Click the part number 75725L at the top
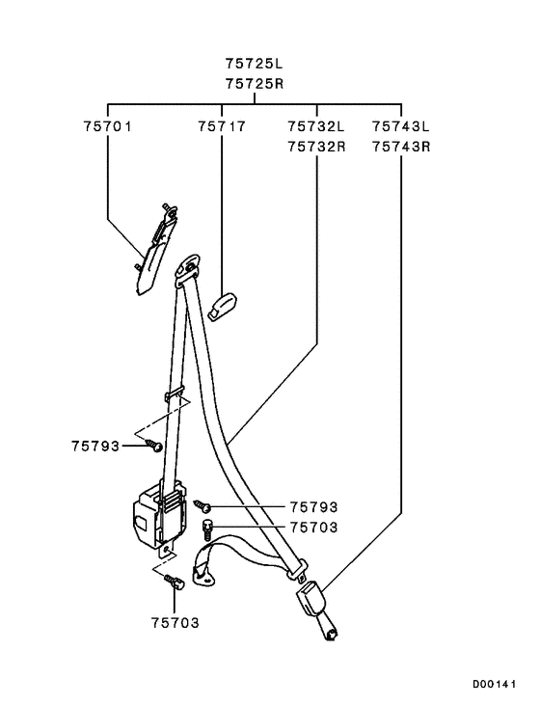point(254,64)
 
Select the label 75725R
point(255,84)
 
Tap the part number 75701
point(108,126)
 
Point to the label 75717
point(222,126)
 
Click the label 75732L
point(316,126)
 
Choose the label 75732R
point(316,147)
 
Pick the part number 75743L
point(400,126)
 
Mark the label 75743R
point(401,147)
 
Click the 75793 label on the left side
point(95,446)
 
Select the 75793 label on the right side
point(313,507)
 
